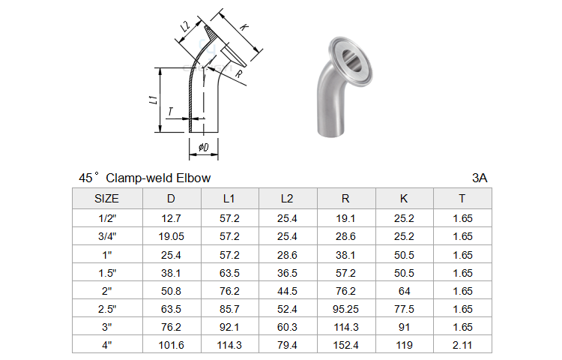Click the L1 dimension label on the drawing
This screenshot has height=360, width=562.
pos(154,100)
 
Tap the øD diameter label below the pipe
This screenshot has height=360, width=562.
pos(204,147)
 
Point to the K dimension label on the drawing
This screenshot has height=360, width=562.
pos(244,26)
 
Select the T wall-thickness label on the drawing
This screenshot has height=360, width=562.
pos(171,112)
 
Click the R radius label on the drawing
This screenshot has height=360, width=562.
pos(239,73)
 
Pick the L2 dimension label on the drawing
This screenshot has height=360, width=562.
pos(185,26)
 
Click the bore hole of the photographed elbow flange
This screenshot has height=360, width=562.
pos(350,59)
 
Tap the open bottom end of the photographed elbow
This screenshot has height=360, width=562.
pos(330,133)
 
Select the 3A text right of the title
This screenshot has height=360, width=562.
pos(480,178)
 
